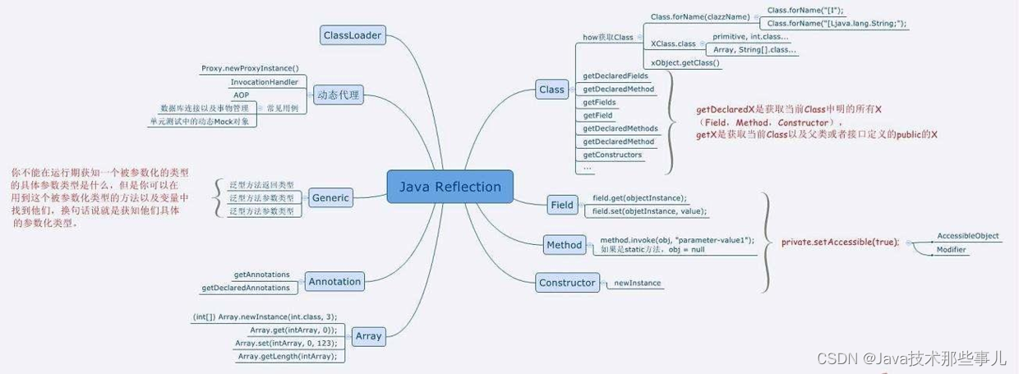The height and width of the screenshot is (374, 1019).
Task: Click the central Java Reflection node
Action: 450,187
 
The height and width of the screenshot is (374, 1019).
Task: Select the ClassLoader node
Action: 351,35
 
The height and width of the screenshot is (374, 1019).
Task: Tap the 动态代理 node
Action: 338,95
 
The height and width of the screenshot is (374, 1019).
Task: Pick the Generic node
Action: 330,197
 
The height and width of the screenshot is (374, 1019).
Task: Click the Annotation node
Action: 334,281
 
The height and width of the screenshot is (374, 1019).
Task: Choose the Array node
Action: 368,335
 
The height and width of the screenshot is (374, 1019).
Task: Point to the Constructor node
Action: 566,283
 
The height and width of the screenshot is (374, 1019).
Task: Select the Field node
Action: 562,205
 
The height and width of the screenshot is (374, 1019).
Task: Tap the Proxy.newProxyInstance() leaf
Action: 250,69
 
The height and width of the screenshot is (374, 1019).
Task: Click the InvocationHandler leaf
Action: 264,82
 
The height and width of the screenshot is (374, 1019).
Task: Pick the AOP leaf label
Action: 241,95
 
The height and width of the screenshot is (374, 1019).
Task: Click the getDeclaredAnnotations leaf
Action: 246,288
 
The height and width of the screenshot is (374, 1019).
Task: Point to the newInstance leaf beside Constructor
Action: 637,284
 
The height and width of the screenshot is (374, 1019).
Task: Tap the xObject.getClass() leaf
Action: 684,62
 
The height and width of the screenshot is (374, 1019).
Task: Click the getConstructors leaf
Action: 611,155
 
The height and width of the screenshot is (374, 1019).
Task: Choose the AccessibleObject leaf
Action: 967,236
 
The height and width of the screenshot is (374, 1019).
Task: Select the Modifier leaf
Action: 951,249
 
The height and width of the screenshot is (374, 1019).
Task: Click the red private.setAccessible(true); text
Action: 840,242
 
